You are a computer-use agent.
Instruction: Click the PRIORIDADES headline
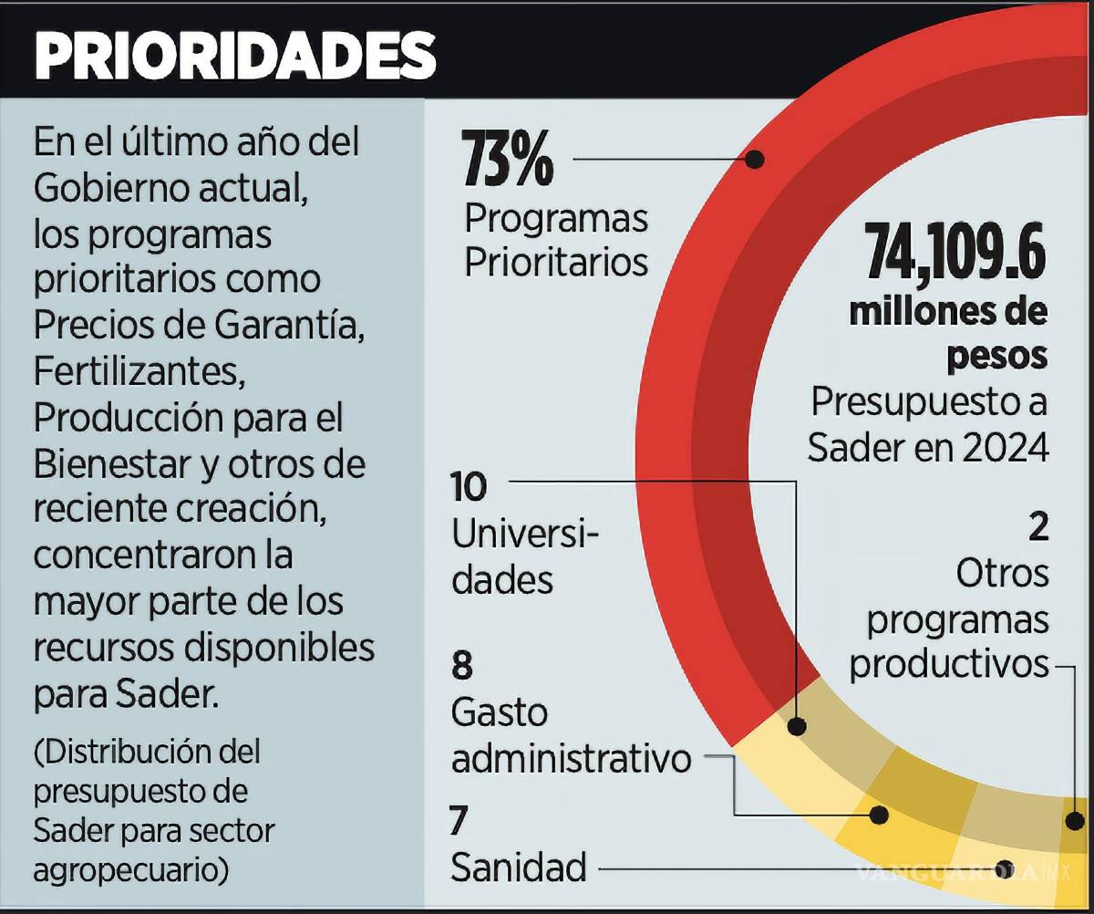234,57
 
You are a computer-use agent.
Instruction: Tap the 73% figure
508,159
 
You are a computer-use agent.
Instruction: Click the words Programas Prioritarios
556,240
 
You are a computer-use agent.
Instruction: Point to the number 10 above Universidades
470,487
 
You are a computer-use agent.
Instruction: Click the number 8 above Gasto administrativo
462,666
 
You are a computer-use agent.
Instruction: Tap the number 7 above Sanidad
459,821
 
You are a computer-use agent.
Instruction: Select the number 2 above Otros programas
1037,526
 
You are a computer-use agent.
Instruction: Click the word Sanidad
518,867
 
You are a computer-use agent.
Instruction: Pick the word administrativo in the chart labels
572,758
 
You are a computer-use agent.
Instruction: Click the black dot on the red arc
755,159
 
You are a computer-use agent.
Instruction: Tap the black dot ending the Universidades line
797,727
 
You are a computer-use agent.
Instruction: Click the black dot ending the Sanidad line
1005,867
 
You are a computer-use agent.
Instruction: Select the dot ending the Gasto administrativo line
880,815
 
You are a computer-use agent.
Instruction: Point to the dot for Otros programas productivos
1077,818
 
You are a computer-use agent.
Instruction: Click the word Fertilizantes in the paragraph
139,372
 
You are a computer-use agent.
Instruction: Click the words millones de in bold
948,312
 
